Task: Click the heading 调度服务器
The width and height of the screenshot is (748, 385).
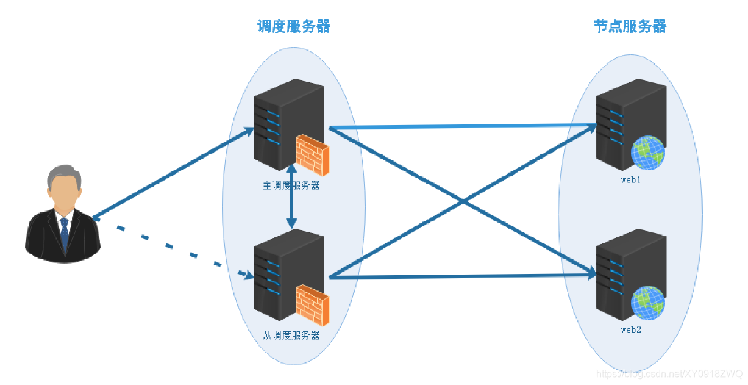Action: pyautogui.click(x=293, y=26)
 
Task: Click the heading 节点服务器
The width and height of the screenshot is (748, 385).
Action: pyautogui.click(x=630, y=26)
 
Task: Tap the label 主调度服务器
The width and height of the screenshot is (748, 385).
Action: pyautogui.click(x=291, y=185)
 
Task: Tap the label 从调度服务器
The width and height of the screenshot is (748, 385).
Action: pyautogui.click(x=291, y=336)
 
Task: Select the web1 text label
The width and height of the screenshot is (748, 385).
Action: pyautogui.click(x=631, y=181)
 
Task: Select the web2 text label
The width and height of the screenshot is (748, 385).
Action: pyautogui.click(x=631, y=330)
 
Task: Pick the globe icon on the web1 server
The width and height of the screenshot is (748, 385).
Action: pyautogui.click(x=647, y=153)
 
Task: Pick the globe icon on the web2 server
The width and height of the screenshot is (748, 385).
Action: pyautogui.click(x=647, y=303)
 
